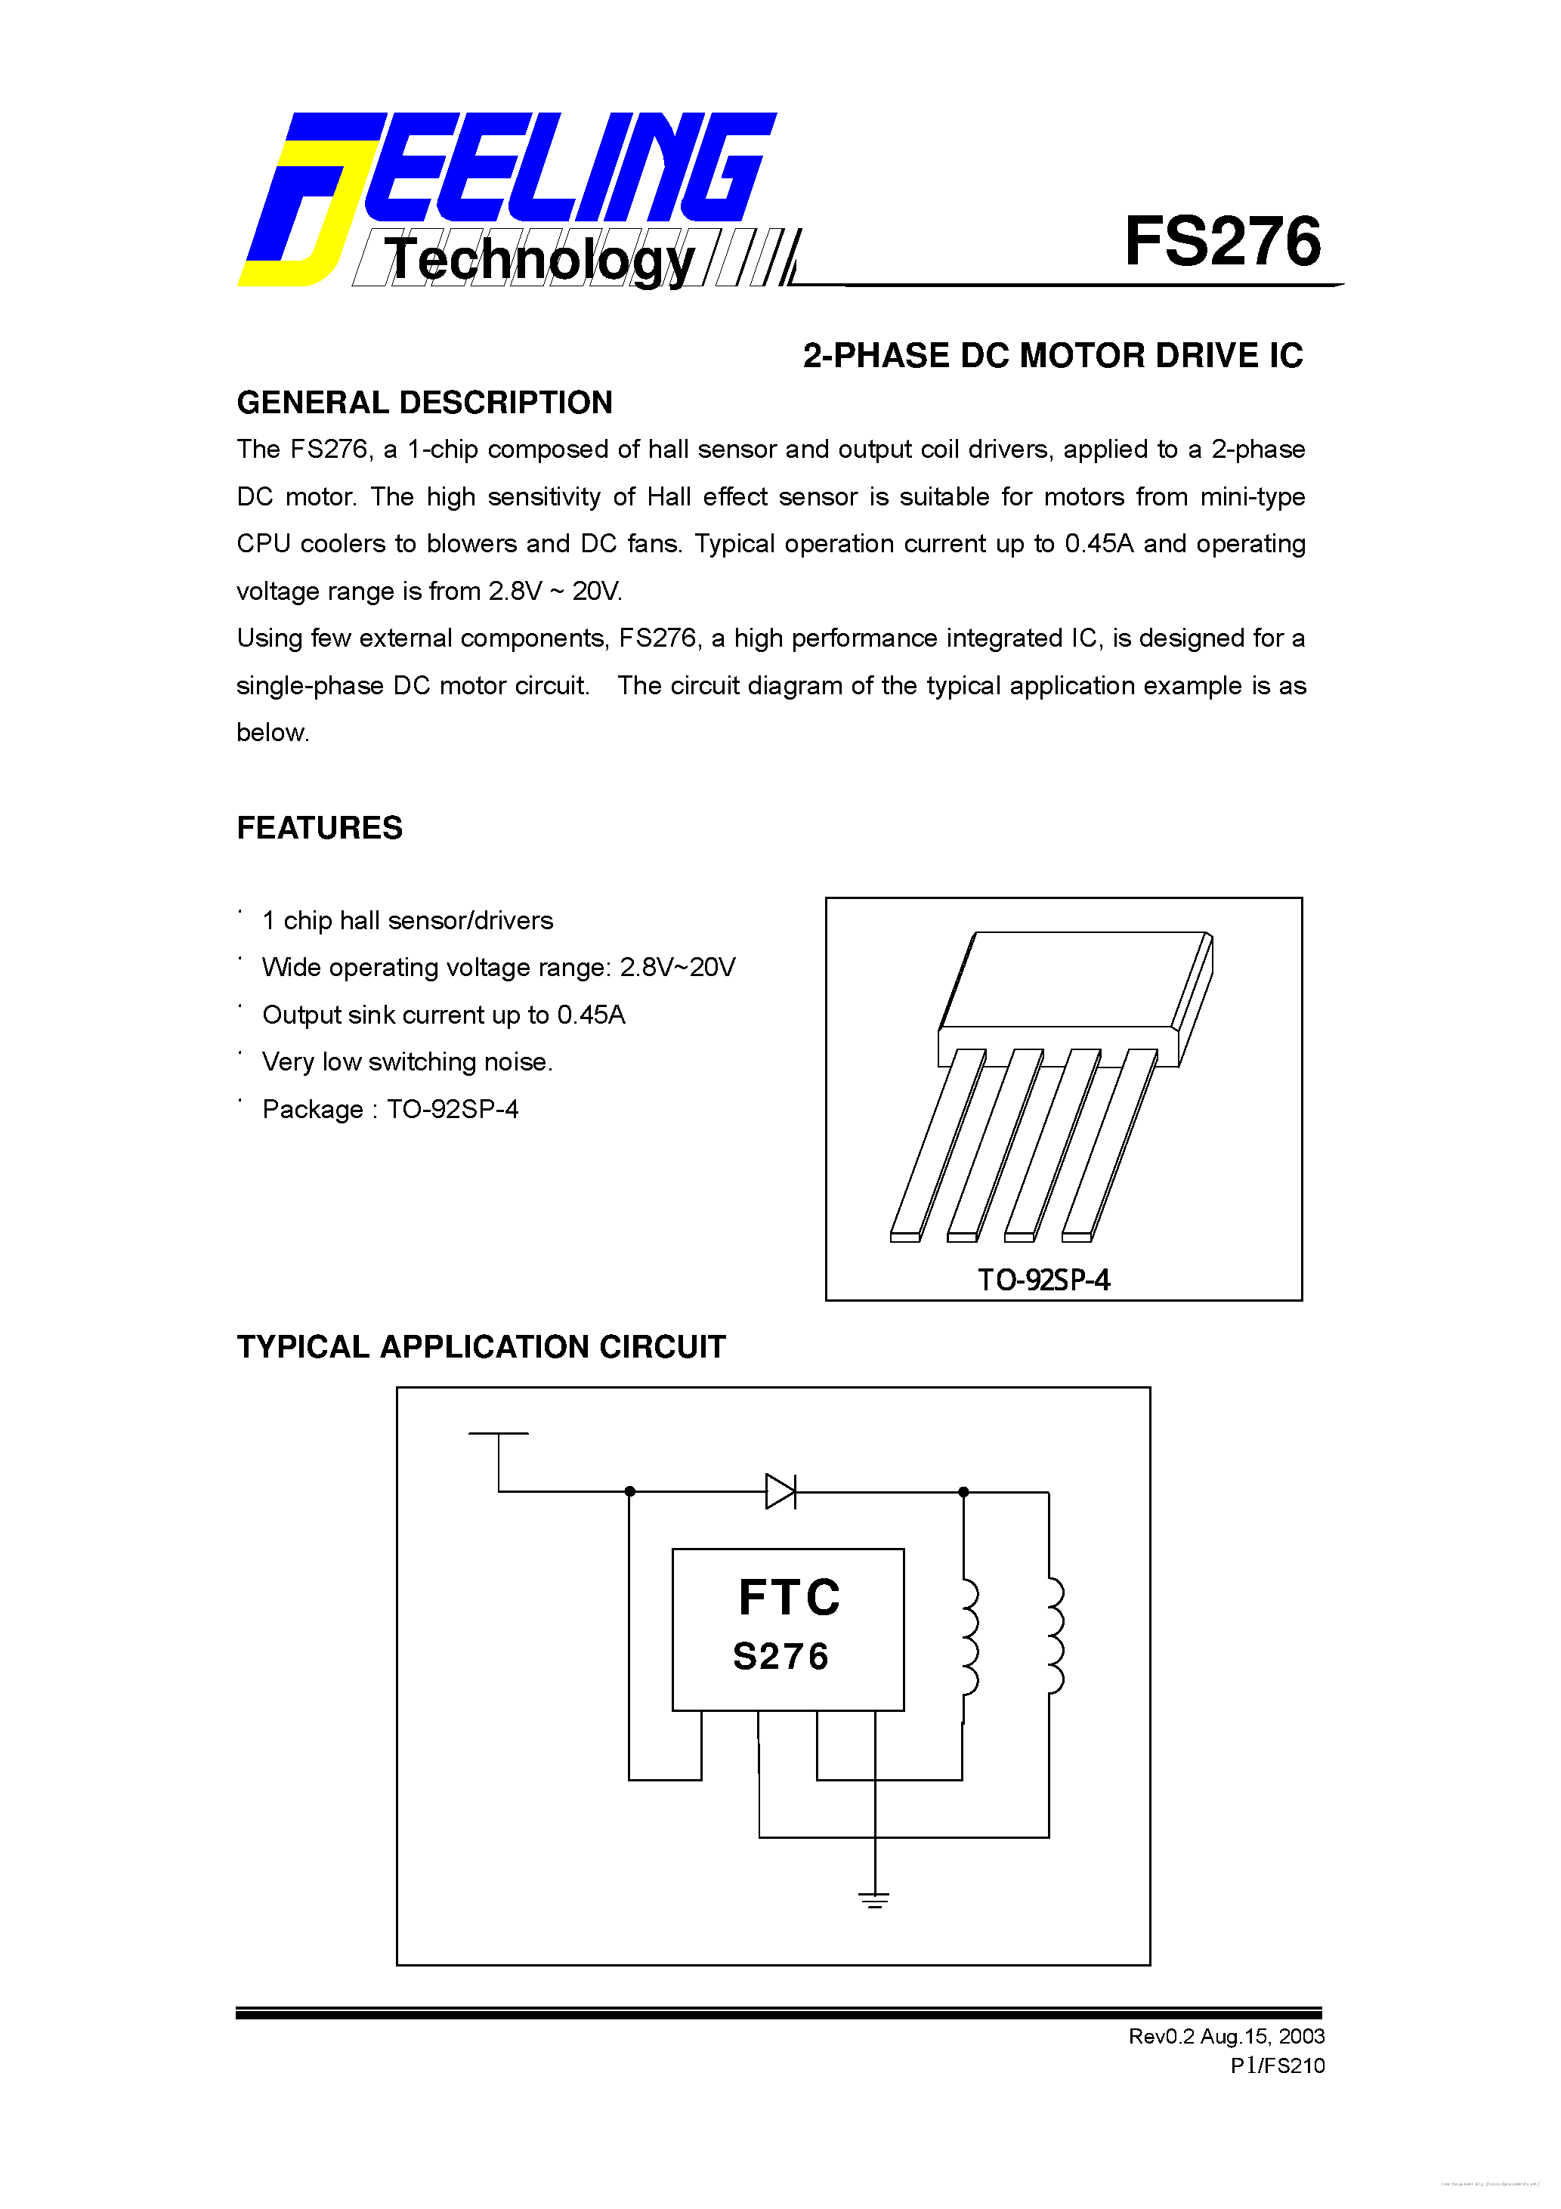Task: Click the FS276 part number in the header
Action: click(x=1223, y=242)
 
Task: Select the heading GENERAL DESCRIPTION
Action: click(x=425, y=402)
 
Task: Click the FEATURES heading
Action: click(x=320, y=827)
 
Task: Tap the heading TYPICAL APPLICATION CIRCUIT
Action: click(x=481, y=1347)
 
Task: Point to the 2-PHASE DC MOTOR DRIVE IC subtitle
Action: click(x=1052, y=356)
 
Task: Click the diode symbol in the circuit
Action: click(x=780, y=1491)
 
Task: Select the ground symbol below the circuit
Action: click(x=874, y=1900)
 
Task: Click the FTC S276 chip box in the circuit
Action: click(x=787, y=1629)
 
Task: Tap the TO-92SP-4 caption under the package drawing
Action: click(x=1044, y=1280)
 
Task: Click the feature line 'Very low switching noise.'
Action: click(x=407, y=1062)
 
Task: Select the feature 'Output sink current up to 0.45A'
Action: click(x=444, y=1015)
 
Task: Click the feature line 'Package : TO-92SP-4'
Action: click(x=390, y=1109)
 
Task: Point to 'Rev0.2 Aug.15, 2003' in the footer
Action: click(x=1226, y=2036)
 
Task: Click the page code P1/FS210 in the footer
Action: click(x=1277, y=2065)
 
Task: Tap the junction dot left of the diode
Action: click(x=629, y=1491)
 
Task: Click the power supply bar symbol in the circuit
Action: click(x=499, y=1434)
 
